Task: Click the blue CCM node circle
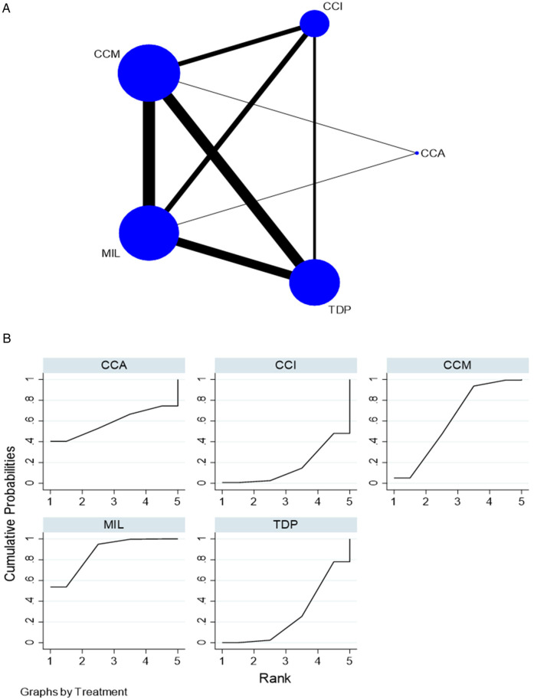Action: pyautogui.click(x=149, y=74)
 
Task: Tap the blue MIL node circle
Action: pyautogui.click(x=149, y=232)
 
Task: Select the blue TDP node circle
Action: pyautogui.click(x=315, y=283)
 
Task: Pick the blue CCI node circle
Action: pyautogui.click(x=315, y=24)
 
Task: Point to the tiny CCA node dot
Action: pyautogui.click(x=417, y=153)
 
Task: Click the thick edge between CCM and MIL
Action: pyautogui.click(x=149, y=153)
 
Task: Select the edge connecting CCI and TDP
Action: pyautogui.click(x=315, y=153)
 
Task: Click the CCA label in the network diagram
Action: pyautogui.click(x=433, y=153)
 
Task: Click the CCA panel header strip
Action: pyautogui.click(x=113, y=365)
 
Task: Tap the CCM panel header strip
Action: pyautogui.click(x=457, y=365)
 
